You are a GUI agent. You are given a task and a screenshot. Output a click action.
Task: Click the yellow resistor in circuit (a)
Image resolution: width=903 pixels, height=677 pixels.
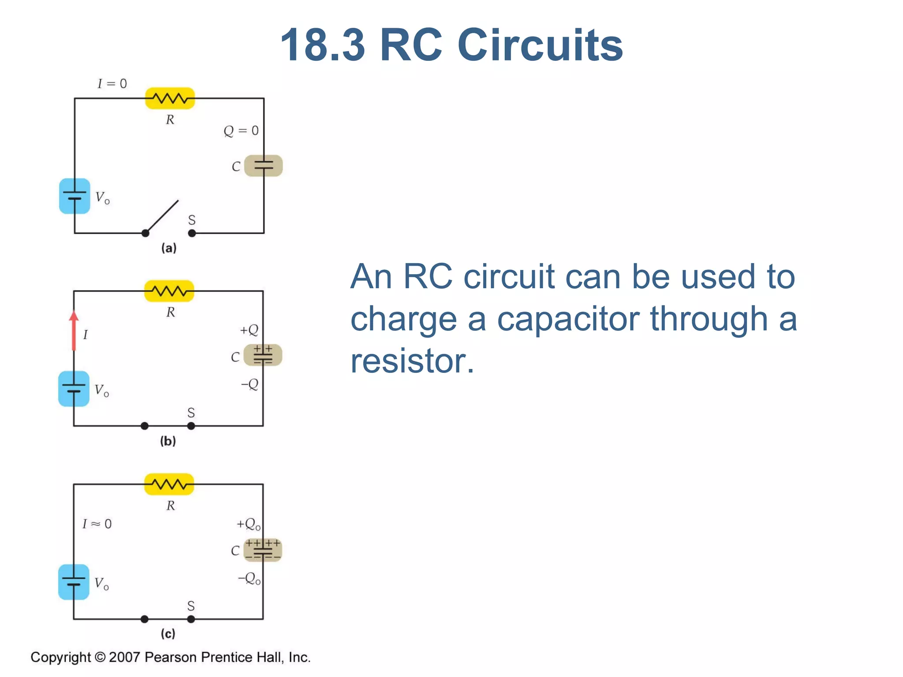point(170,98)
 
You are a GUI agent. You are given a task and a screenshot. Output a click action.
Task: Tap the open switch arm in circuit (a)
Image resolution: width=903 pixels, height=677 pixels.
point(162,216)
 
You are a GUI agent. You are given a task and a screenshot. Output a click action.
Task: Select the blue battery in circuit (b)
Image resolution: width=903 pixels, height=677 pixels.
point(74,389)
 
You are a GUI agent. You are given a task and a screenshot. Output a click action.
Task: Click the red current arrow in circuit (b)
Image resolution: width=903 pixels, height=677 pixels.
point(74,331)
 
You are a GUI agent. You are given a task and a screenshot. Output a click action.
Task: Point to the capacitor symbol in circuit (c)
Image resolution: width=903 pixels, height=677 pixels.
point(263,550)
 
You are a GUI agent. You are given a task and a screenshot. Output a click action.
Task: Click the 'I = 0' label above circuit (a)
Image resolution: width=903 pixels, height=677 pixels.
point(112,84)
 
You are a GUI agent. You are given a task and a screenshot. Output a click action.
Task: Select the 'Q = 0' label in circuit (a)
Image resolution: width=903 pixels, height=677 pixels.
point(241,130)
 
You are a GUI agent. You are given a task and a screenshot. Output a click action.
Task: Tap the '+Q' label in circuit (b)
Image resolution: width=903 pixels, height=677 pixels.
point(249,330)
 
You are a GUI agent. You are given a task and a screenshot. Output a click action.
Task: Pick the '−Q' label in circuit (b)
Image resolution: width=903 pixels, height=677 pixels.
point(250,384)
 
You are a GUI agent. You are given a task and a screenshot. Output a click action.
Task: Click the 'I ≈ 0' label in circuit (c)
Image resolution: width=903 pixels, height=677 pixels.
point(97,524)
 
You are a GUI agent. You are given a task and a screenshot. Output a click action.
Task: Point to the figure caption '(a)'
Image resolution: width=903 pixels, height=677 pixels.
point(169,248)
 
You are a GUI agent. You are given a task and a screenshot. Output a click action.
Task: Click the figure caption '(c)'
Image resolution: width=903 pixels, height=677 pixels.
point(168,633)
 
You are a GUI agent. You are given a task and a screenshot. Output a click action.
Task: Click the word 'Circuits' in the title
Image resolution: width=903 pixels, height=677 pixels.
point(540,45)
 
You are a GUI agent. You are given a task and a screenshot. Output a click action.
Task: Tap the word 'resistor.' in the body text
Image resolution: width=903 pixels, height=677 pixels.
point(412,361)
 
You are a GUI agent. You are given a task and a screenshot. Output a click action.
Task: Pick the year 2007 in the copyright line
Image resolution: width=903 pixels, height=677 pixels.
point(124,657)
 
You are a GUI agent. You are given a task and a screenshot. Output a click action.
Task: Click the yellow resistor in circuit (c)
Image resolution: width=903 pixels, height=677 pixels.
point(169,484)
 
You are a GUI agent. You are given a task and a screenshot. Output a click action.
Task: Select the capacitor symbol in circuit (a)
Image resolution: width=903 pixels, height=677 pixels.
point(263,166)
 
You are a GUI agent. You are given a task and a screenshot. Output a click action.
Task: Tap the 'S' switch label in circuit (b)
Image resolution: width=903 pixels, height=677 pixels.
point(191,413)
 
